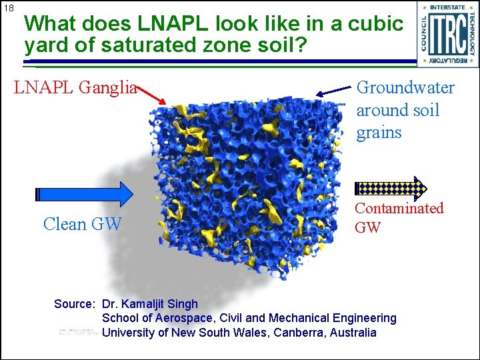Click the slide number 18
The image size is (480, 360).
8,8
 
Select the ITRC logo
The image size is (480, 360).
447,34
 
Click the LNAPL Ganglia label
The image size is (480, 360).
75,87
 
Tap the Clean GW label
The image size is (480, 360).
82,224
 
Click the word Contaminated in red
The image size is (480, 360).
399,208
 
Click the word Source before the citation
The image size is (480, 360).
73,304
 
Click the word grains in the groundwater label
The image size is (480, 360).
379,132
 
